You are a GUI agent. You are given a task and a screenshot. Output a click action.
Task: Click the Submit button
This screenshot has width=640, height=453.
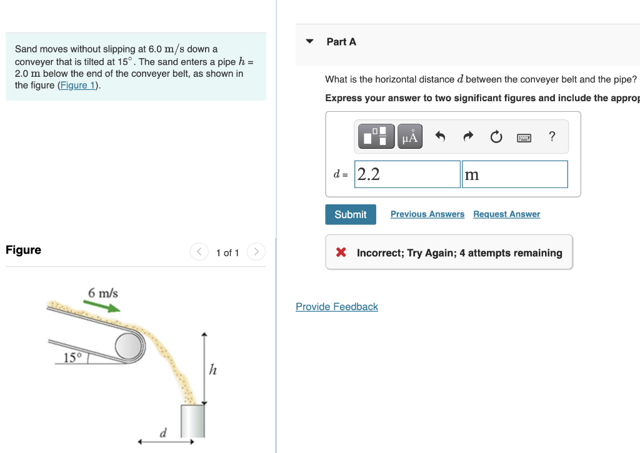(351, 214)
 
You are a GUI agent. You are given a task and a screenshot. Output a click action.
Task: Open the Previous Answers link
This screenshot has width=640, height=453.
(427, 214)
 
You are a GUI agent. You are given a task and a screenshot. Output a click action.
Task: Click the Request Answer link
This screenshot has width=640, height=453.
(506, 214)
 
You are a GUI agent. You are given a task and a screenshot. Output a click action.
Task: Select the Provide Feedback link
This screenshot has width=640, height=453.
(337, 307)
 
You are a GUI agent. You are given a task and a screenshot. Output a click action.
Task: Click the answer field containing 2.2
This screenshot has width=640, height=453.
(407, 174)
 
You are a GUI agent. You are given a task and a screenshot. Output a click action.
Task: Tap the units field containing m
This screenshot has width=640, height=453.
(514, 174)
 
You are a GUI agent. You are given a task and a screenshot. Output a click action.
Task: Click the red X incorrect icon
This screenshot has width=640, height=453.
(341, 253)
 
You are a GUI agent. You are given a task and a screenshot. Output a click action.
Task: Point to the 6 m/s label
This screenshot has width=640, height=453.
(103, 292)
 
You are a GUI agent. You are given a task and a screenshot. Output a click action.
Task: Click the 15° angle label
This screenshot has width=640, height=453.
(72, 357)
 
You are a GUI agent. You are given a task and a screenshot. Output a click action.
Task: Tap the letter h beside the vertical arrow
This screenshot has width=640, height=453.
(212, 370)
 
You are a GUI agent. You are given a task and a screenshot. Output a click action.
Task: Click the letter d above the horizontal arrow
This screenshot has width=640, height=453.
(164, 432)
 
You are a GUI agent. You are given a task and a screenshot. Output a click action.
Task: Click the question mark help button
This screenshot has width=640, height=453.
(551, 136)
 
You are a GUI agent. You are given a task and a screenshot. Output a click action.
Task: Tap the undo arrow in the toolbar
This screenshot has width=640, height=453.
(441, 136)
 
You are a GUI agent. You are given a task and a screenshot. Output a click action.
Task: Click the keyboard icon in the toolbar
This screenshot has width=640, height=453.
(524, 137)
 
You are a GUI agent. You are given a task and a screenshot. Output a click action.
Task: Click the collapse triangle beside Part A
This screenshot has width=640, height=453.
(309, 42)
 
